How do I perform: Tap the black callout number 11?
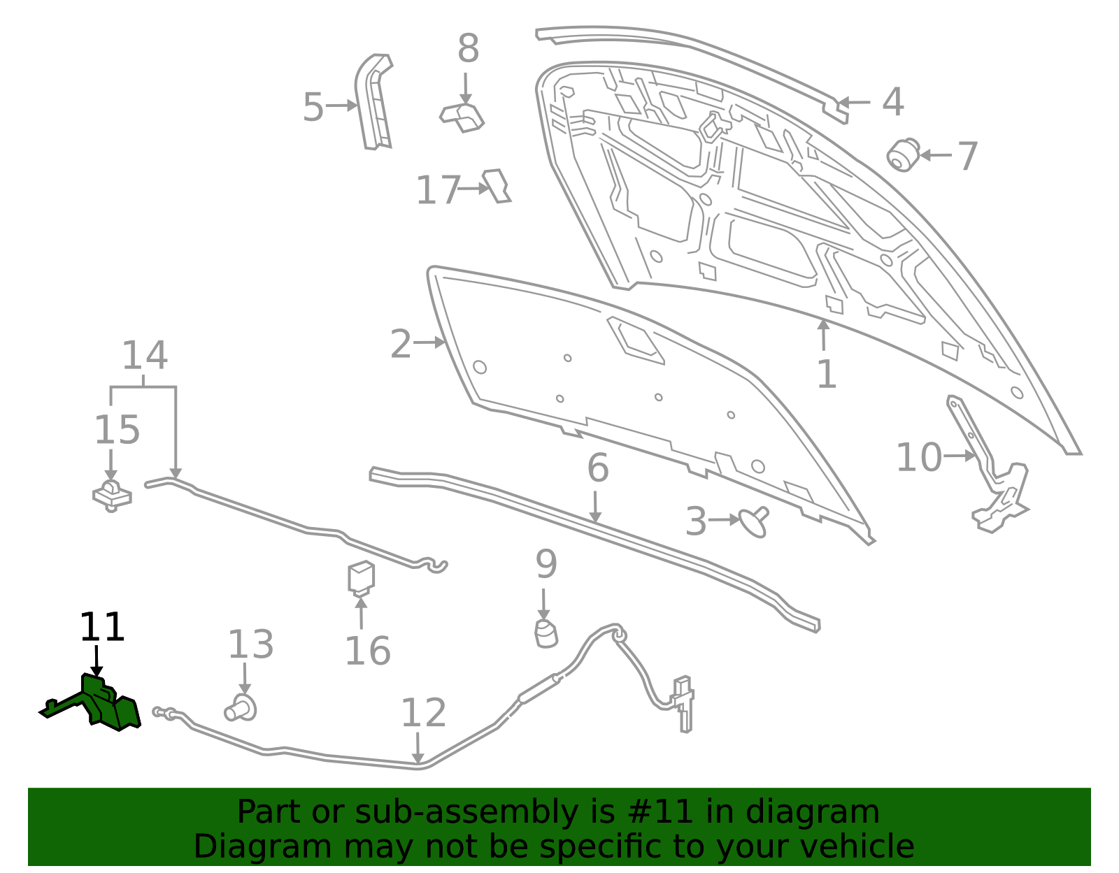tap(102, 626)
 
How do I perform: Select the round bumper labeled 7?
tap(903, 155)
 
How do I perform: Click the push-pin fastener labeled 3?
tap(755, 522)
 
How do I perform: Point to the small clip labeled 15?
tap(113, 496)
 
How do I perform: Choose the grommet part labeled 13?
tap(241, 708)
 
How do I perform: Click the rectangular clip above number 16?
tap(361, 579)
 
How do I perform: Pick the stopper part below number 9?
tap(546, 634)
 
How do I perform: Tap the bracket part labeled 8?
tap(462, 118)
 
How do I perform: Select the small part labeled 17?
tap(497, 186)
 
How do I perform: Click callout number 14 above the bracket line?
tap(145, 355)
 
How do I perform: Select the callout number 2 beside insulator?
tap(401, 344)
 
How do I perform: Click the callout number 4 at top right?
tap(893, 102)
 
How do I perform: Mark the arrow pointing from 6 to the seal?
tap(594, 507)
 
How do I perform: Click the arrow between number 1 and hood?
tap(823, 335)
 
